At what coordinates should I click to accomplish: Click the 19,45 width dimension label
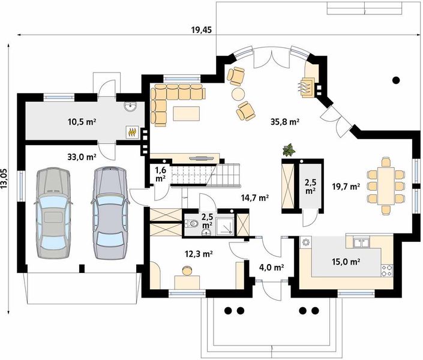pos(201,30)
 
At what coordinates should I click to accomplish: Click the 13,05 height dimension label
pos(4,179)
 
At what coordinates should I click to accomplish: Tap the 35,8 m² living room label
pos(285,122)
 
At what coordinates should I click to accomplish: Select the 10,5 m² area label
pos(82,122)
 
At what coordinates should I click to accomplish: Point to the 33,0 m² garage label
pos(82,157)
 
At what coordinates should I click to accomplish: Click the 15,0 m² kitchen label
pos(346,262)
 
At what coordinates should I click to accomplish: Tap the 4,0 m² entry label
pos(271,268)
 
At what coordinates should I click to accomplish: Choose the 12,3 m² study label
pos(199,254)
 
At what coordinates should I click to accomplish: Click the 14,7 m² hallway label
pos(255,198)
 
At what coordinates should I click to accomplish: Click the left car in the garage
pos(53,213)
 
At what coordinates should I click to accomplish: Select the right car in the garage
pos(110,213)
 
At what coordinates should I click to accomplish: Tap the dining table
pos(386,186)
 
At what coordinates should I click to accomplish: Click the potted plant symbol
pos(289,150)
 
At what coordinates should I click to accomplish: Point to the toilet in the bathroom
pos(192,224)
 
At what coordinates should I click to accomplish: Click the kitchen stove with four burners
pos(387,271)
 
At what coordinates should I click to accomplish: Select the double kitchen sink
pos(361,242)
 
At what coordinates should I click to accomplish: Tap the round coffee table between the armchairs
pos(238,94)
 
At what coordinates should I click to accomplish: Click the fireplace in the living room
pos(307,86)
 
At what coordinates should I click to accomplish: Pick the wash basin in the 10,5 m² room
pos(131,106)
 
